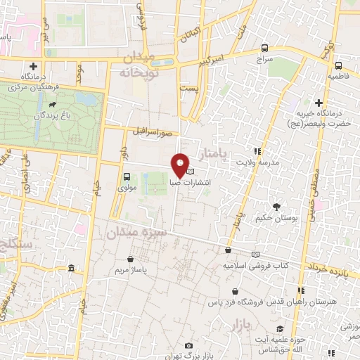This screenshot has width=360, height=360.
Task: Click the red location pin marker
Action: [x=180, y=165]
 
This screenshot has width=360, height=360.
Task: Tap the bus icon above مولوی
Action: [x=127, y=177]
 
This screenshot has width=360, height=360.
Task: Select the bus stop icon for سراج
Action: [x=264, y=49]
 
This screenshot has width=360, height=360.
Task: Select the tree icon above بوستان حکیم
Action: [x=276, y=207]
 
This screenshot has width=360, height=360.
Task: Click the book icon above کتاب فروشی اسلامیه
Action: [x=255, y=254]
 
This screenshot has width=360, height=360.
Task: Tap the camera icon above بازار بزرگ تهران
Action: [x=188, y=345]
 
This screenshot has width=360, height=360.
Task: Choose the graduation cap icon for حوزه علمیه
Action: [x=280, y=328]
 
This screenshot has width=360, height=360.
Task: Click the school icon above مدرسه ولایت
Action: [x=257, y=151]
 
